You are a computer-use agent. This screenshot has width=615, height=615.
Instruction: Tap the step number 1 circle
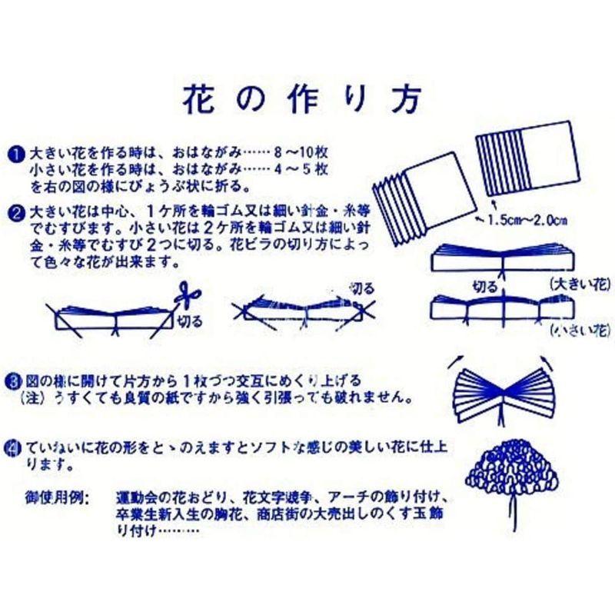pos(18,151)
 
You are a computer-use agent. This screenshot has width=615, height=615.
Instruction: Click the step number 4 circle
pos(17,446)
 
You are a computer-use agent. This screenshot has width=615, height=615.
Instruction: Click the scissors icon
pos(186,295)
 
